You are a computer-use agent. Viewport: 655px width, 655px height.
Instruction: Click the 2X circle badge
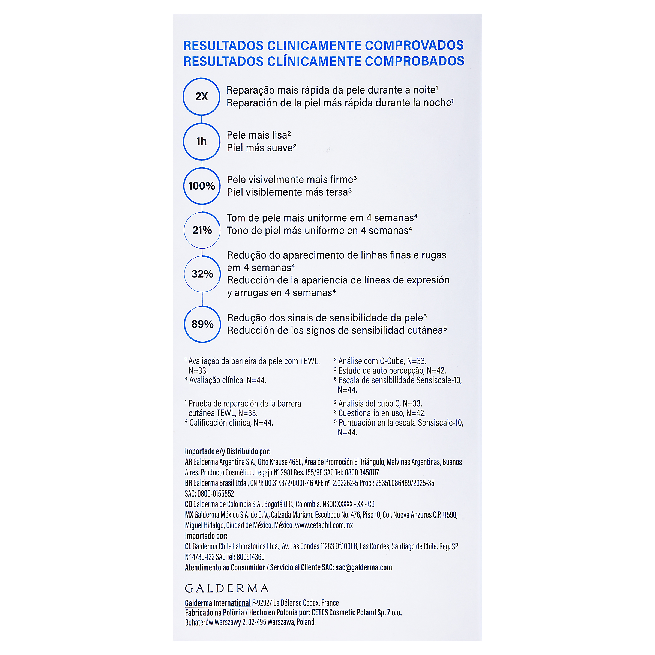(x=201, y=97)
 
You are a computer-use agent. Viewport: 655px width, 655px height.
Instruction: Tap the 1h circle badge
(x=202, y=141)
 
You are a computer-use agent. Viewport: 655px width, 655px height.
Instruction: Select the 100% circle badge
(x=202, y=186)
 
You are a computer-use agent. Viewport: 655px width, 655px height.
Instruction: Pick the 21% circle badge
(x=202, y=230)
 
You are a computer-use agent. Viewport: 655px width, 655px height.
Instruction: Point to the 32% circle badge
(x=202, y=274)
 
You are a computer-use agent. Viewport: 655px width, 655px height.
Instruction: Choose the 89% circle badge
(x=202, y=324)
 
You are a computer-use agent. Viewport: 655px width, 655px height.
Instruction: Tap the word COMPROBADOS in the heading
(x=414, y=61)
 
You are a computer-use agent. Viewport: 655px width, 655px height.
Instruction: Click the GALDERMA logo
(x=227, y=588)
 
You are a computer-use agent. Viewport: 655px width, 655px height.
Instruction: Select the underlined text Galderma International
(x=218, y=603)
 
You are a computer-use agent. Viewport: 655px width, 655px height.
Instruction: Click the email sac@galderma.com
(x=363, y=567)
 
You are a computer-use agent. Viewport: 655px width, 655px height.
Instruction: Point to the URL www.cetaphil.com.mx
(x=324, y=525)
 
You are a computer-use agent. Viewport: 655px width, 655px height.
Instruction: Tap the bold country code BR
(x=189, y=483)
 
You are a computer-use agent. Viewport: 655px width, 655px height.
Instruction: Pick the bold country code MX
(x=189, y=515)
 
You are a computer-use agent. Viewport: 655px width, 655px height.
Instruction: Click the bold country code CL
(x=188, y=546)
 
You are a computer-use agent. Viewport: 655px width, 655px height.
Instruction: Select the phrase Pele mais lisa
(x=257, y=135)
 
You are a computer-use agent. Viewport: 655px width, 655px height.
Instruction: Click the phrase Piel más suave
(x=260, y=148)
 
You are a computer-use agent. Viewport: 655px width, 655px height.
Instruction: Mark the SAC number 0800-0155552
(x=216, y=494)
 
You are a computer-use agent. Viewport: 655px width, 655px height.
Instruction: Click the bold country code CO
(x=189, y=504)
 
